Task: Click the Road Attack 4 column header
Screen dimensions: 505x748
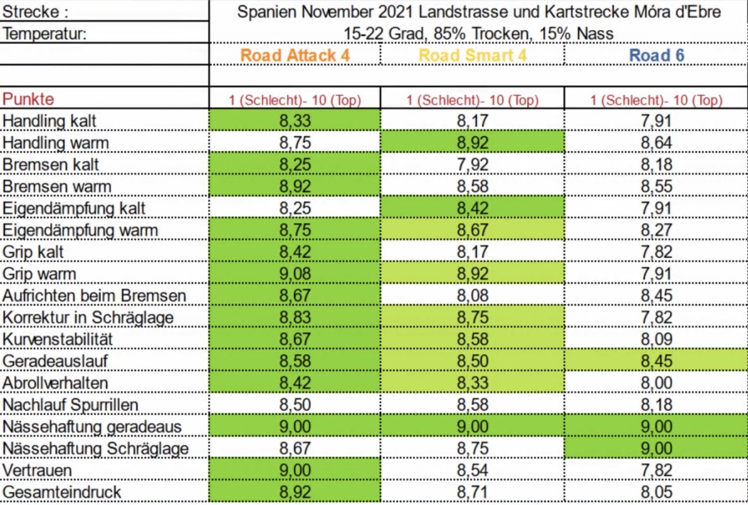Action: coord(294,55)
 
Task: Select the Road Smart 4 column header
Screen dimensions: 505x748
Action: coord(473,55)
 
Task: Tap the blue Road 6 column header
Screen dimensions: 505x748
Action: coord(657,55)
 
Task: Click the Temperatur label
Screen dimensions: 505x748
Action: coord(45,34)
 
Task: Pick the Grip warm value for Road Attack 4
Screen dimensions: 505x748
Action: coord(294,274)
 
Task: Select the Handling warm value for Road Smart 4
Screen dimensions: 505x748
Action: coord(473,143)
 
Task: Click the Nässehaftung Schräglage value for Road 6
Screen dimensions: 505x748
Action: coord(657,449)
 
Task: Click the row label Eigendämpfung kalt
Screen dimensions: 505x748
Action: coord(74,208)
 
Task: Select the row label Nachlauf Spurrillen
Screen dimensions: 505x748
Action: coord(71,405)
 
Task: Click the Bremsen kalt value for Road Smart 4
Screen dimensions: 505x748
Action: coord(473,165)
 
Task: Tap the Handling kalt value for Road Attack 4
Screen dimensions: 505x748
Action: coord(294,121)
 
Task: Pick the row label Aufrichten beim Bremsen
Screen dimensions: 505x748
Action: coord(94,296)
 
